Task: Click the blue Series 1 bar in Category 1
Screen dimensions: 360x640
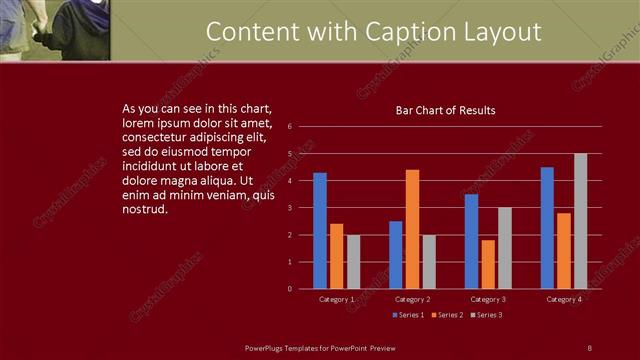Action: (x=320, y=231)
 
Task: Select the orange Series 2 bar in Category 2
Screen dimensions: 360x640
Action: (x=413, y=229)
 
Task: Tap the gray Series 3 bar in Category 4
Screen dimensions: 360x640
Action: (x=581, y=221)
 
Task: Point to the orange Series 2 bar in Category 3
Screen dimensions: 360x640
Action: (x=488, y=264)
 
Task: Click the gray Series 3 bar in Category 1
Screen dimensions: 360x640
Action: (x=354, y=262)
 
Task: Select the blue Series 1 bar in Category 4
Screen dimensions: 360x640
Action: (x=547, y=228)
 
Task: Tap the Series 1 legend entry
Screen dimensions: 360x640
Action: (x=407, y=315)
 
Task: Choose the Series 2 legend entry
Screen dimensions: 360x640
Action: (x=446, y=315)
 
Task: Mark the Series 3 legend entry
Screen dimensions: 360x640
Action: (x=485, y=315)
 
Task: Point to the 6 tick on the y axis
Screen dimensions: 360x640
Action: (x=289, y=127)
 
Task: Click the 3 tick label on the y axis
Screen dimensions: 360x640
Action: (x=289, y=208)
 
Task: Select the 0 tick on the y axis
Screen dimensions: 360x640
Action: (x=289, y=289)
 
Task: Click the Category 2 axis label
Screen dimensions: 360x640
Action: (x=413, y=299)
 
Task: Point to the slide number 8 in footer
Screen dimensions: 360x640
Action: (x=589, y=347)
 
